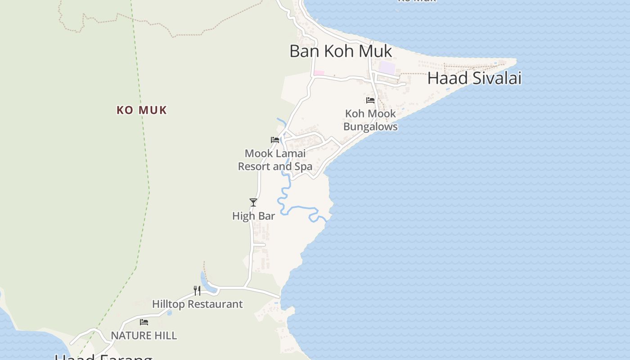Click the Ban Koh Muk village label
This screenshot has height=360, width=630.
[341, 51]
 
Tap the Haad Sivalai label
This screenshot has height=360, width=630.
[474, 78]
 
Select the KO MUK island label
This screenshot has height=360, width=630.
[142, 110]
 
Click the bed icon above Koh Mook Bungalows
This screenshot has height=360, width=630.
[370, 100]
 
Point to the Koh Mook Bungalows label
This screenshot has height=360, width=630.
[370, 120]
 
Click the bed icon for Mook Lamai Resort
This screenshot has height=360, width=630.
[275, 140]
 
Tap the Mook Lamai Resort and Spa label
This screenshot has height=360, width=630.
[275, 160]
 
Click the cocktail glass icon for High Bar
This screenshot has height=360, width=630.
[253, 202]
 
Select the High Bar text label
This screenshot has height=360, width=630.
[253, 216]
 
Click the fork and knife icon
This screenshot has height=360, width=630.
[197, 290]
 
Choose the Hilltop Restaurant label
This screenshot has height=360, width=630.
[197, 304]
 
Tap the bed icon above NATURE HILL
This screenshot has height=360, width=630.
[144, 322]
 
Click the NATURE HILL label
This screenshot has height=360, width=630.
[144, 336]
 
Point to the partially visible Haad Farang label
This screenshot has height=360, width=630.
[103, 357]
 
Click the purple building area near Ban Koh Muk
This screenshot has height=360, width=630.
[387, 68]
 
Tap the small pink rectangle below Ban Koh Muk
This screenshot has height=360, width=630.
[319, 73]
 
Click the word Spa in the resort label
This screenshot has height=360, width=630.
[303, 166]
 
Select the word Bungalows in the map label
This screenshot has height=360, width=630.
[370, 127]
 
